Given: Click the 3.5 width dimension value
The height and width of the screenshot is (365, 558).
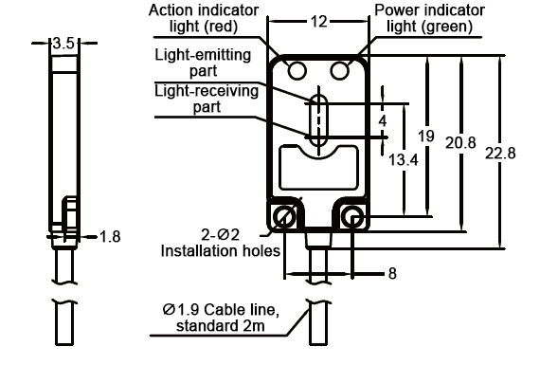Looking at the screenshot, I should click(x=63, y=44).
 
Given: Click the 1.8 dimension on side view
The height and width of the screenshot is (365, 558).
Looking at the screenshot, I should click(x=111, y=237).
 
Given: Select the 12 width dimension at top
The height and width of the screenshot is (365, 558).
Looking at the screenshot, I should click(x=319, y=20).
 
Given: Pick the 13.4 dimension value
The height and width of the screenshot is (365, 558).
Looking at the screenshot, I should click(x=404, y=161).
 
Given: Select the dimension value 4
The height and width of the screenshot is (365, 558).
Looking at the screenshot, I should click(x=383, y=120).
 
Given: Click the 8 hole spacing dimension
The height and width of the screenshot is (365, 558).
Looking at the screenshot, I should click(x=391, y=276).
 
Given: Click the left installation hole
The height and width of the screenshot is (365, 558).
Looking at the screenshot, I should click(x=283, y=219).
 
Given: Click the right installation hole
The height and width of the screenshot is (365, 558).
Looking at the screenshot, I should click(x=354, y=219).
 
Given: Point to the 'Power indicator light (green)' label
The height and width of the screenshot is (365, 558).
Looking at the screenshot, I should click(x=432, y=18).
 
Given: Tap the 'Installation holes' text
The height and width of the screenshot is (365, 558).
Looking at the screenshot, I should click(x=220, y=252).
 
